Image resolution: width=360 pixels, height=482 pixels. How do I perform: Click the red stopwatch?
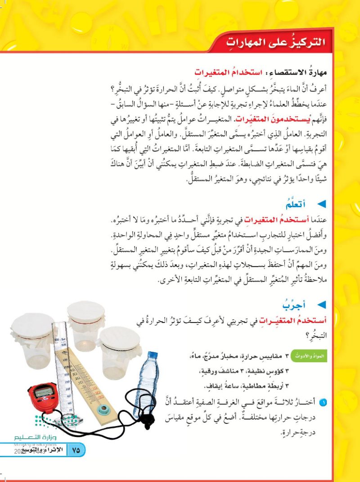pyautogui.click(x=43, y=396)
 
